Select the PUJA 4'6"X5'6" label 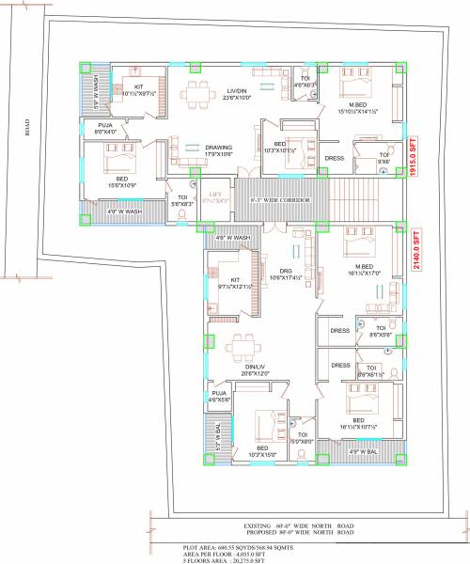click(219, 396)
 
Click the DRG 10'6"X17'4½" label click(276, 275)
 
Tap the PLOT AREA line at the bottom click(227, 545)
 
